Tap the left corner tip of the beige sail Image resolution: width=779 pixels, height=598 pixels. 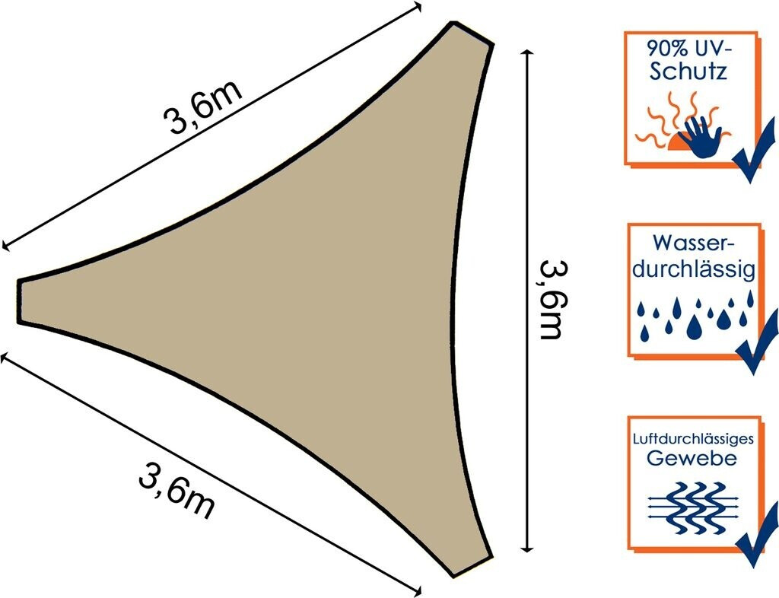[19, 301]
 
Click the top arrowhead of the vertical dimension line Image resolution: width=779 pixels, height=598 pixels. [528, 51]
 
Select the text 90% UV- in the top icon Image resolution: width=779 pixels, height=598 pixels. [689, 49]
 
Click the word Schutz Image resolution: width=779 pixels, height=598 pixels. [689, 72]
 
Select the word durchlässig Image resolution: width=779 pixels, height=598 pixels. [693, 269]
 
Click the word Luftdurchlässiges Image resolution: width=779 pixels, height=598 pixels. [693, 440]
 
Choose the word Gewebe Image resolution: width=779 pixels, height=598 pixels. [692, 458]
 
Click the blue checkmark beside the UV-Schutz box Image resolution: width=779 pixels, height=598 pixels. [755, 151]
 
